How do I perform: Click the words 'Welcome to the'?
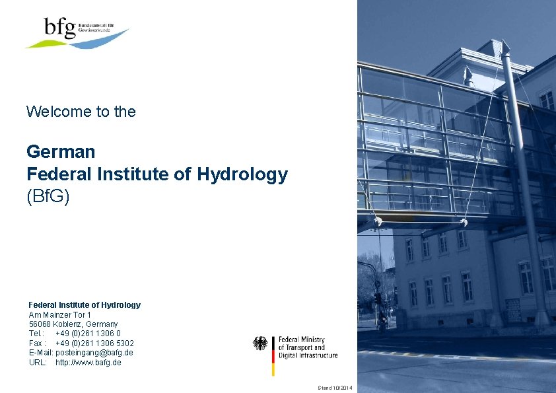pos(81,112)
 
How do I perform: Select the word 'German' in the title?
pos(61,152)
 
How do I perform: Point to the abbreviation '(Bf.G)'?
pos(48,197)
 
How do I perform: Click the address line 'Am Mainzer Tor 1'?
pos(60,315)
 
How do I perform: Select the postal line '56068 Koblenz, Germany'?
pos(73,324)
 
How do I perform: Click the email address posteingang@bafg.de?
pos(94,353)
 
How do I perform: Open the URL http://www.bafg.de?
pos(88,363)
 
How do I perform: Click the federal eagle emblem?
pos(261,343)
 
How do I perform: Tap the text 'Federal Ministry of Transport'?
pos(301,343)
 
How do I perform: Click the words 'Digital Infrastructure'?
pos(308,355)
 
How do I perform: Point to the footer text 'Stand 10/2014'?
pos(335,387)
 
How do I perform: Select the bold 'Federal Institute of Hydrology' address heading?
pos(85,305)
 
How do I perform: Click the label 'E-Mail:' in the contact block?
pos(41,353)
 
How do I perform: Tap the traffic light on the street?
pos(377,299)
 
